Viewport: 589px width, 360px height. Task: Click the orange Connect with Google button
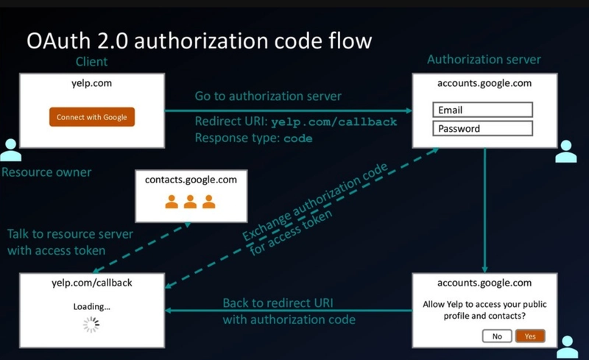click(x=92, y=117)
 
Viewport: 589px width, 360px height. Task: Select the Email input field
click(x=482, y=110)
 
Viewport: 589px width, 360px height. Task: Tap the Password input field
click(x=482, y=128)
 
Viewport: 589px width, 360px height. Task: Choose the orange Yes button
click(x=529, y=336)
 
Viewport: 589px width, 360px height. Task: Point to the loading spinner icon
click(x=91, y=325)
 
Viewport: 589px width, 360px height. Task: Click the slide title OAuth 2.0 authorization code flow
click(x=199, y=40)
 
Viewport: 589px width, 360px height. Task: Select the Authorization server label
click(x=484, y=60)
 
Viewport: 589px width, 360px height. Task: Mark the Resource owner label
click(x=46, y=172)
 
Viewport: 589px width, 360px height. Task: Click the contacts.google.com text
click(x=191, y=180)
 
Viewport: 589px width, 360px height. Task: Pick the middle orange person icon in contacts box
click(x=191, y=201)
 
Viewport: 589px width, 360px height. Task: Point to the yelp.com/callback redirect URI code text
click(x=334, y=121)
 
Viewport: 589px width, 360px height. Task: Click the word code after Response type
click(x=298, y=138)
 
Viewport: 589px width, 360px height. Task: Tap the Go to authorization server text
click(x=268, y=96)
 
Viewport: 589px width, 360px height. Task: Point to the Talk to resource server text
click(x=70, y=234)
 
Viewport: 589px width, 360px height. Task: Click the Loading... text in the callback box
click(x=91, y=306)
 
